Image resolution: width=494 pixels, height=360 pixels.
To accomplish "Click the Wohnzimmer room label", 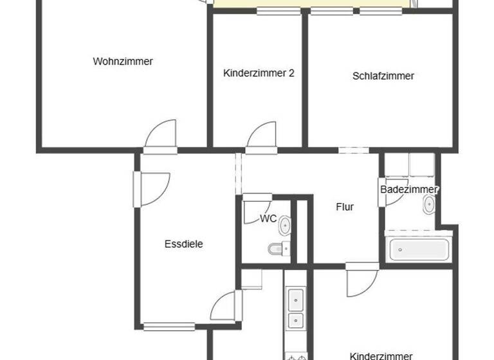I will click(123, 62).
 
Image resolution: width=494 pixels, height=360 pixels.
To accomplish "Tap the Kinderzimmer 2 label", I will click(259, 73).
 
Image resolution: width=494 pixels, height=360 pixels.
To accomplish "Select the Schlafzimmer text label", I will click(383, 76).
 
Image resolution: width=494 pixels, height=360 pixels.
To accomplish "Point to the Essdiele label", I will click(184, 244).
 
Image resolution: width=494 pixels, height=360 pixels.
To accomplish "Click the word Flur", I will click(345, 207).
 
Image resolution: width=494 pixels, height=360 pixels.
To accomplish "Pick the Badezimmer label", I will click(409, 190).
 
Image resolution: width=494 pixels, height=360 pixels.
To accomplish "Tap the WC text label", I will click(268, 219).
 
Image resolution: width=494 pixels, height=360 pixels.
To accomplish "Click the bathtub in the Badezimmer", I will click(419, 248).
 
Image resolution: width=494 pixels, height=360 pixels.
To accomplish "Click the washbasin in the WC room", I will click(284, 225).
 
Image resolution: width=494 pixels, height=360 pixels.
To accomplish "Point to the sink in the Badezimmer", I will click(429, 205).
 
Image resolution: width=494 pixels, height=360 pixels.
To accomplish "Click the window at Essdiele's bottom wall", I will click(169, 327).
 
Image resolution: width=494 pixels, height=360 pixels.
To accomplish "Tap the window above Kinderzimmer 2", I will click(278, 12).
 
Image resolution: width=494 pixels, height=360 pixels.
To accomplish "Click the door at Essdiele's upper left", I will click(153, 189).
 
